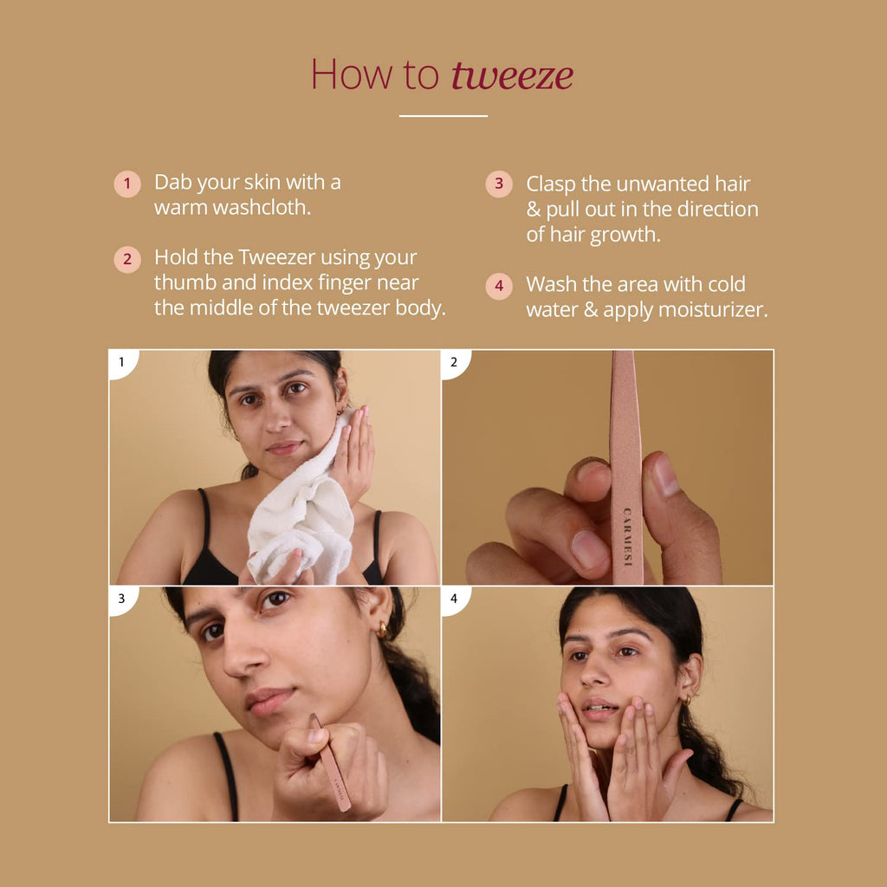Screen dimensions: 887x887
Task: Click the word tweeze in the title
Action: click(x=513, y=75)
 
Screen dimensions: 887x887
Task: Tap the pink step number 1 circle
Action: click(x=127, y=184)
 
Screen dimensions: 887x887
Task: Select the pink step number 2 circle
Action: click(x=127, y=260)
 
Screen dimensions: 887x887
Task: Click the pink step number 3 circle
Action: click(x=499, y=184)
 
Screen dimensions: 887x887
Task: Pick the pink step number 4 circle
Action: click(x=499, y=286)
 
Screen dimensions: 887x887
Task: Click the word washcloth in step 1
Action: click(x=262, y=208)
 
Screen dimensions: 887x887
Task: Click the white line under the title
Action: click(x=443, y=116)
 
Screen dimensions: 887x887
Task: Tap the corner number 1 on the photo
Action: click(x=121, y=361)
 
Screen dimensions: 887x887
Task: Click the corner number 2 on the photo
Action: click(x=454, y=361)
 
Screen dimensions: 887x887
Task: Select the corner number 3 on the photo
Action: click(x=121, y=598)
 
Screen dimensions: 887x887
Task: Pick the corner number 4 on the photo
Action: click(x=454, y=598)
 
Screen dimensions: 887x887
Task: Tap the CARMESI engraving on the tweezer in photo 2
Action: click(x=627, y=537)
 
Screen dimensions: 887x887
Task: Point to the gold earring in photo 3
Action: click(x=382, y=630)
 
